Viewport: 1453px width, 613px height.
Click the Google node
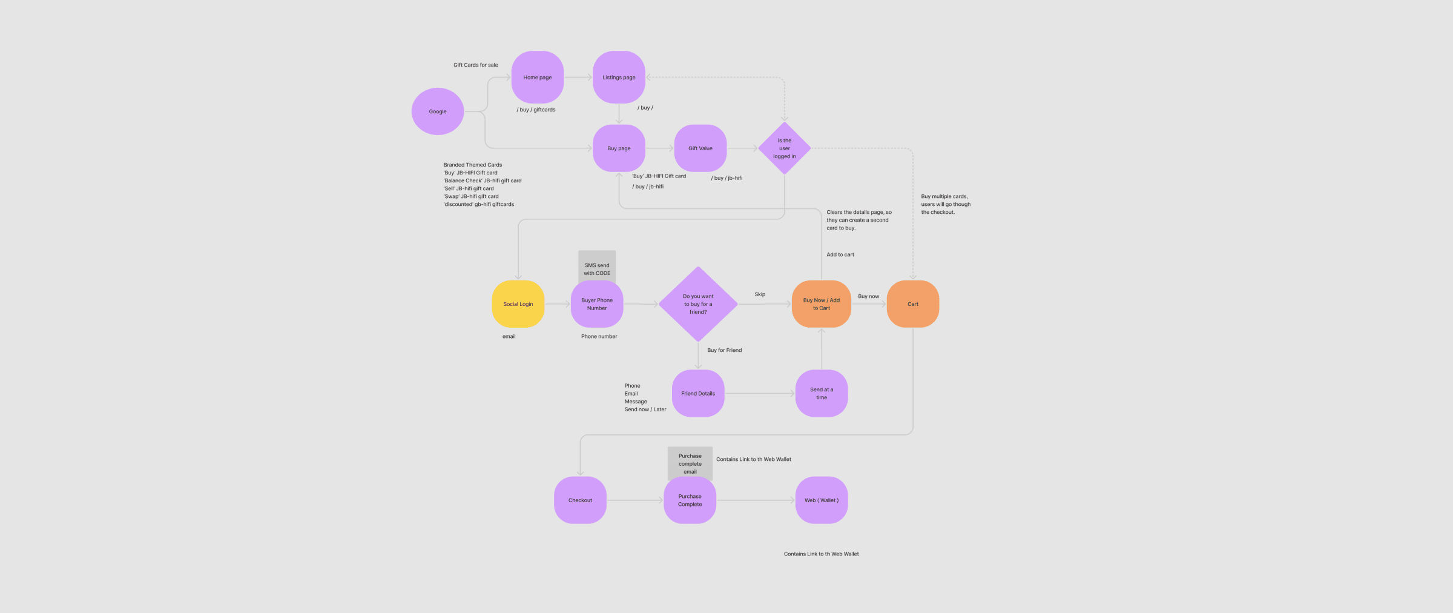(x=438, y=111)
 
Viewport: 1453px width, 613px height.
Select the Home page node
(x=538, y=77)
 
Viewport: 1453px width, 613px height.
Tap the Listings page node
(x=619, y=77)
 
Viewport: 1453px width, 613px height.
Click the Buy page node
(x=619, y=148)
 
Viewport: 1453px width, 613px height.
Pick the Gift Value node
(x=700, y=148)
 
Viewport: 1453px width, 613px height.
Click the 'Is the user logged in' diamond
(x=785, y=148)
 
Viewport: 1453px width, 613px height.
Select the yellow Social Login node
(x=518, y=304)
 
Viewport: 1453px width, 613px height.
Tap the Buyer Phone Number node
(x=597, y=304)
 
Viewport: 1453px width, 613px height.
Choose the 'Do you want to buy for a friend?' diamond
(x=698, y=304)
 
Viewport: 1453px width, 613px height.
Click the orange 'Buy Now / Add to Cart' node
(x=822, y=304)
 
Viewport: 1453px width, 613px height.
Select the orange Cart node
(x=913, y=304)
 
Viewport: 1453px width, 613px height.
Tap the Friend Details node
(x=698, y=393)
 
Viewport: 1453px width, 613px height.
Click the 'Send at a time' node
(x=822, y=393)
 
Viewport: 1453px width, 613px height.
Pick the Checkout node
(x=580, y=500)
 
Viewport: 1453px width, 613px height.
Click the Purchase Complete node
(x=690, y=500)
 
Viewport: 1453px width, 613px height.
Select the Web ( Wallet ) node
(x=822, y=500)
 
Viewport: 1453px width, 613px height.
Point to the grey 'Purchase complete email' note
(x=690, y=463)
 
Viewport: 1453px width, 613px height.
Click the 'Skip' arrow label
(x=760, y=294)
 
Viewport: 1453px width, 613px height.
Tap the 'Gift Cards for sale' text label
(x=476, y=65)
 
